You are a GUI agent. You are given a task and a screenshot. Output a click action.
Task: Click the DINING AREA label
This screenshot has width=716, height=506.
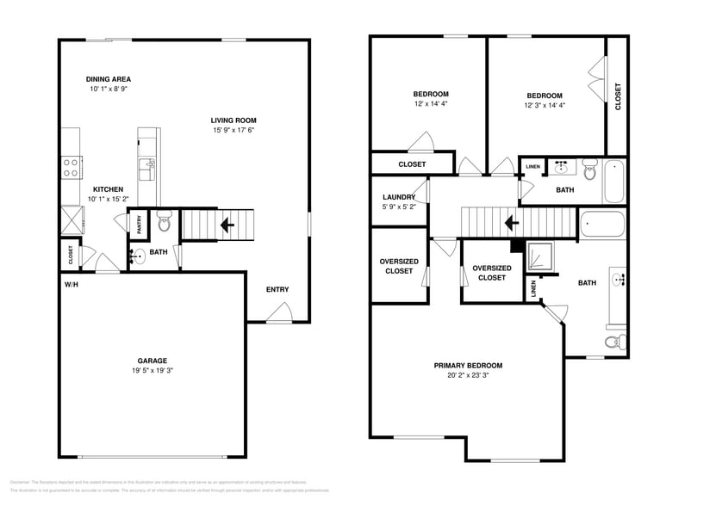pyautogui.click(x=108, y=79)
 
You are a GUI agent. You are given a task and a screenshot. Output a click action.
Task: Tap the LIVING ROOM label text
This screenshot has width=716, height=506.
pyautogui.click(x=233, y=120)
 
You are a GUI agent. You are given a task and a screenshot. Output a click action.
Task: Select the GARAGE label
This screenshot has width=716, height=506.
pyautogui.click(x=153, y=361)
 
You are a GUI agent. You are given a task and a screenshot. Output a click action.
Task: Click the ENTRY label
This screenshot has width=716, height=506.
pyautogui.click(x=277, y=290)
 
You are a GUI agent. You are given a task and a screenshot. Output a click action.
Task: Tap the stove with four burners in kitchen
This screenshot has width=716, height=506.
pyautogui.click(x=71, y=166)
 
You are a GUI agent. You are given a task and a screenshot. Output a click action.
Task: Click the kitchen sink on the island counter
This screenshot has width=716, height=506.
pyautogui.click(x=147, y=165)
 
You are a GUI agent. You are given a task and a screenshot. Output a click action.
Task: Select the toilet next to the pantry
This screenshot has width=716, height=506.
pyautogui.click(x=165, y=223)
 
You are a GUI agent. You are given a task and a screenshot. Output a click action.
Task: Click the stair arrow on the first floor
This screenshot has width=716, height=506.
pyautogui.click(x=227, y=225)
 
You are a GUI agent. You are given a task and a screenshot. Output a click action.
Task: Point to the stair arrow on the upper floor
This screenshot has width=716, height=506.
pyautogui.click(x=510, y=223)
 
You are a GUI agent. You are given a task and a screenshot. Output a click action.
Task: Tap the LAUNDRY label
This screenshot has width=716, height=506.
pyautogui.click(x=399, y=197)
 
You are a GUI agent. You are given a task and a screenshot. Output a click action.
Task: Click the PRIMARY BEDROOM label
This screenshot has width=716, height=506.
pyautogui.click(x=468, y=366)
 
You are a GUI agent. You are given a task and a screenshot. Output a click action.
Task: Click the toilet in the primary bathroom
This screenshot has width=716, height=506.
pyautogui.click(x=613, y=342)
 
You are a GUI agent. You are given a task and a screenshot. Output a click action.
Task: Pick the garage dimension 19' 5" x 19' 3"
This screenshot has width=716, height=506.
pyautogui.click(x=153, y=371)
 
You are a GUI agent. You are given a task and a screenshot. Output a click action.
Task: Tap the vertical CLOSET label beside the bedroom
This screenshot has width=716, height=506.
pyautogui.click(x=618, y=96)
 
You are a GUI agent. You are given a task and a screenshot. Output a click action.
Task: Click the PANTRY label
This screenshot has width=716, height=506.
pyautogui.click(x=139, y=222)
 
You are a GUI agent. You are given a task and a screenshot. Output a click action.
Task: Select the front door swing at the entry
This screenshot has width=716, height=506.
pyautogui.click(x=279, y=315)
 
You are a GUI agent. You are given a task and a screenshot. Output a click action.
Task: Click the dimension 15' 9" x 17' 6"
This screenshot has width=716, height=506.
pyautogui.click(x=233, y=131)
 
